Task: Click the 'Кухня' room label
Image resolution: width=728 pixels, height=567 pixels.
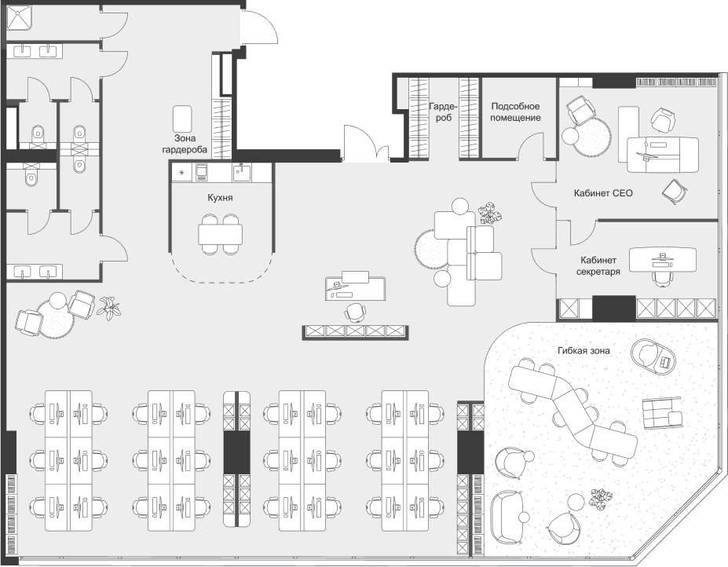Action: click(x=220, y=198)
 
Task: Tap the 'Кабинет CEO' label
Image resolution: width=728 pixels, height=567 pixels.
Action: click(x=602, y=192)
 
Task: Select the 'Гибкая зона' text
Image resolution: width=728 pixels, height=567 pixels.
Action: click(x=583, y=351)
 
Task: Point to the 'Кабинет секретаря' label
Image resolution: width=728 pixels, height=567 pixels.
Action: click(x=598, y=265)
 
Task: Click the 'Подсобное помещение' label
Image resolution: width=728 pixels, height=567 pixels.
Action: click(x=515, y=112)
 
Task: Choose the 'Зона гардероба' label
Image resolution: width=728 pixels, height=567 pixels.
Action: click(x=185, y=144)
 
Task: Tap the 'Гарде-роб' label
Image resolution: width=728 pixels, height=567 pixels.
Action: click(x=444, y=112)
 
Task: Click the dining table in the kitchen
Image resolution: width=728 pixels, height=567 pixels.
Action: click(x=221, y=234)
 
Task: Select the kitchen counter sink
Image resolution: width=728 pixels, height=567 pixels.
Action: click(x=241, y=173)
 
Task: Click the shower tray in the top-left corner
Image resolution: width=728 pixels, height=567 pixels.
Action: click(x=19, y=17)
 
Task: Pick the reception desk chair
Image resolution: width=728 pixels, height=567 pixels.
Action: click(x=355, y=312)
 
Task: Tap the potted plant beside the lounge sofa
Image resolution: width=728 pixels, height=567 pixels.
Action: click(x=490, y=214)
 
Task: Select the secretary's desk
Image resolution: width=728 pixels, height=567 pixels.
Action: click(x=663, y=260)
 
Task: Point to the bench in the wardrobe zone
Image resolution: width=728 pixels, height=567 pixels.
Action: click(x=182, y=119)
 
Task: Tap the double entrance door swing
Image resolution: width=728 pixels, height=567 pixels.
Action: click(x=366, y=143)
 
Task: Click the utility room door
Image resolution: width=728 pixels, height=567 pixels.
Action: click(x=531, y=145)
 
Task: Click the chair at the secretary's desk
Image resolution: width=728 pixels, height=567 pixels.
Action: click(x=662, y=279)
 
